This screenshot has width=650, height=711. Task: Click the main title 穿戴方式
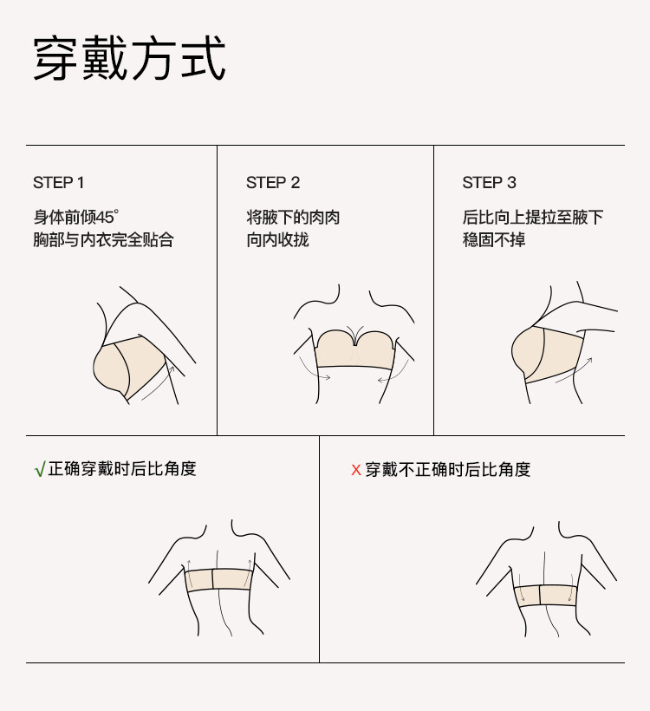coord(129,58)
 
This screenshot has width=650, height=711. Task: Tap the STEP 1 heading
coord(58,183)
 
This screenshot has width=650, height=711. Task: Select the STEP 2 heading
coord(273,183)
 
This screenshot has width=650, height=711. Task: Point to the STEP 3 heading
coord(489,183)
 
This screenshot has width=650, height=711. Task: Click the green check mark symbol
coord(40,469)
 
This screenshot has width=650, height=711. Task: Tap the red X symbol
coord(356,470)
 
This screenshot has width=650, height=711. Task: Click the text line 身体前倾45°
coord(76,217)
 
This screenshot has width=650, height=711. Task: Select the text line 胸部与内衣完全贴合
coord(103,240)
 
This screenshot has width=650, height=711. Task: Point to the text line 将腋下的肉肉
coord(293,217)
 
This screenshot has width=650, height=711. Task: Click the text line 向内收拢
coord(277,240)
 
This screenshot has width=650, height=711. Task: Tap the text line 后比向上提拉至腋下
coord(533,217)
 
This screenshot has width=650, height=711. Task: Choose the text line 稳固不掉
coord(494,240)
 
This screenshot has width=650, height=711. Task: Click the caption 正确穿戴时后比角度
coord(122,469)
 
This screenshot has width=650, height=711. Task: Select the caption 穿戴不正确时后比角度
coord(448,470)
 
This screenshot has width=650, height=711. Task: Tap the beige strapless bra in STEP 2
coord(355,350)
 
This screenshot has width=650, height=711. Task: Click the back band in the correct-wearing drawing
coord(218,580)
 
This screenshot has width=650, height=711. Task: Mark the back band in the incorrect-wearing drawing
coord(546,596)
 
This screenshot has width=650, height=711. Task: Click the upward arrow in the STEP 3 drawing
coord(575,370)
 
